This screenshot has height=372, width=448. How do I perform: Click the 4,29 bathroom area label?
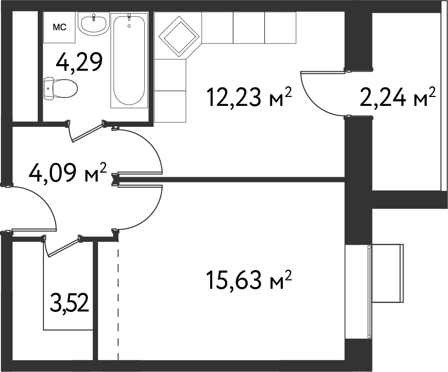click(79, 62)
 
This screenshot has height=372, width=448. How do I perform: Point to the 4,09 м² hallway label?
click(67, 172)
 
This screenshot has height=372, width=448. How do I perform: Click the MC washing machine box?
click(59, 27)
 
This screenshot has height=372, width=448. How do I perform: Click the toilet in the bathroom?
click(60, 89)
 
